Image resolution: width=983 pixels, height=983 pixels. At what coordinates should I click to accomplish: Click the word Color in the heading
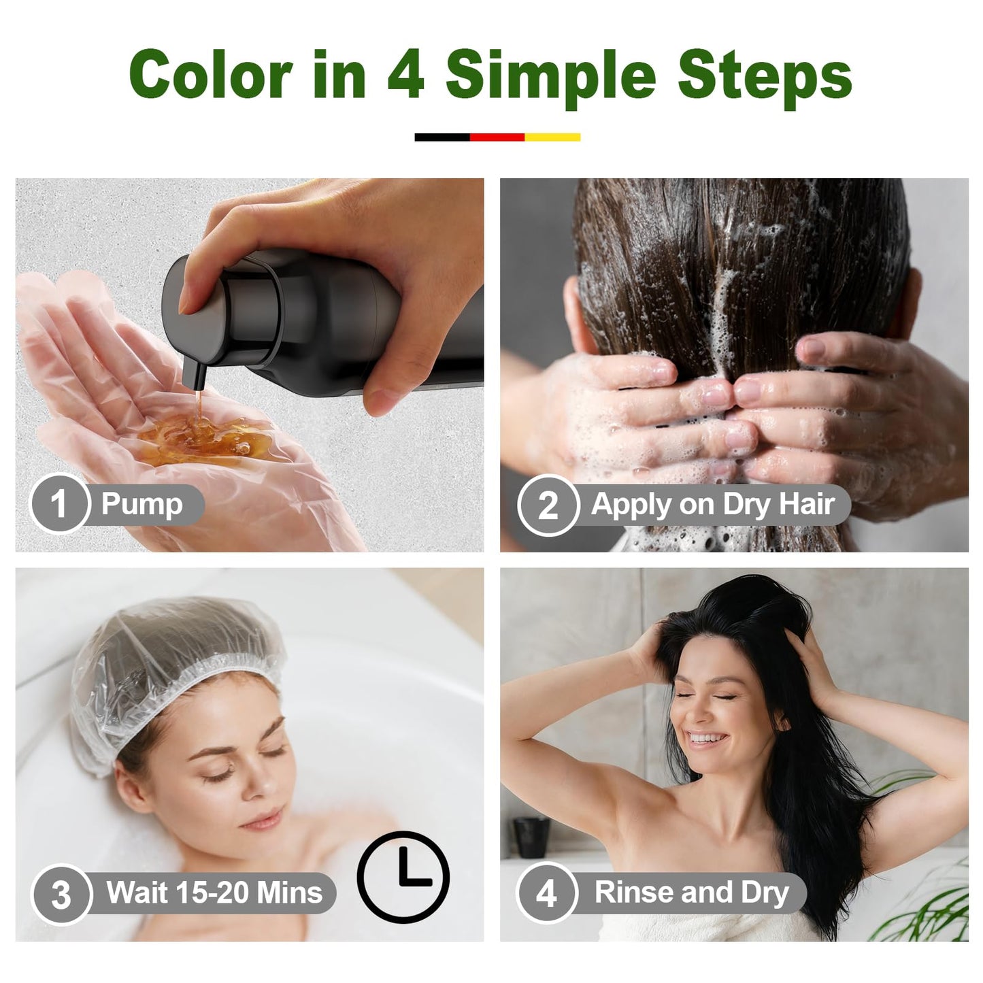tap(210, 75)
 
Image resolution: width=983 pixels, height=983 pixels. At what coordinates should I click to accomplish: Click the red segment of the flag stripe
tap(497, 137)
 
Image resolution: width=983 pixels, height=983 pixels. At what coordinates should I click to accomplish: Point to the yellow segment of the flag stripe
tap(552, 137)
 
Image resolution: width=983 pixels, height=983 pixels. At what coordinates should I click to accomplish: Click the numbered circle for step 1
tap(59, 504)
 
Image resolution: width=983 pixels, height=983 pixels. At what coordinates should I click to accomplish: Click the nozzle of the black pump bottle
tap(193, 377)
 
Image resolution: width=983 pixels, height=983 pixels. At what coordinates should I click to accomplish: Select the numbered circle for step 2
tap(547, 505)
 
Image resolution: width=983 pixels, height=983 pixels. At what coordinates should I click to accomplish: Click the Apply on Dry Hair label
tap(712, 505)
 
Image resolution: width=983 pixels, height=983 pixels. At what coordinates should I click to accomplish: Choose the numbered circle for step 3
tap(61, 893)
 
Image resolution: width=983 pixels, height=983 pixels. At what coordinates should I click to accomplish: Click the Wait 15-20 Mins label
tap(214, 893)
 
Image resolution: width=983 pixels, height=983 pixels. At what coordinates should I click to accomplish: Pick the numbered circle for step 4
tap(546, 893)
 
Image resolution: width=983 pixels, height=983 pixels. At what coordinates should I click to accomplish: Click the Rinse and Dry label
tap(691, 893)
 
